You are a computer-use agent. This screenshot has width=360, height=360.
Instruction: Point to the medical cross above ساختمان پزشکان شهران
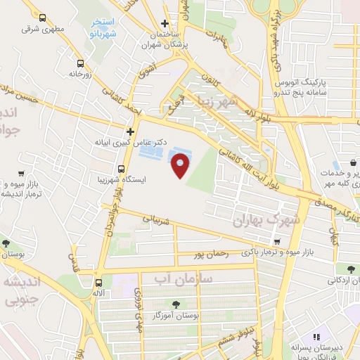[x=165, y=23]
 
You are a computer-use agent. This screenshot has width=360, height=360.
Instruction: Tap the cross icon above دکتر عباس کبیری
[x=130, y=131]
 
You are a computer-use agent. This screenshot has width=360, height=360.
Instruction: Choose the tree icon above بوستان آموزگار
[x=175, y=304]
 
